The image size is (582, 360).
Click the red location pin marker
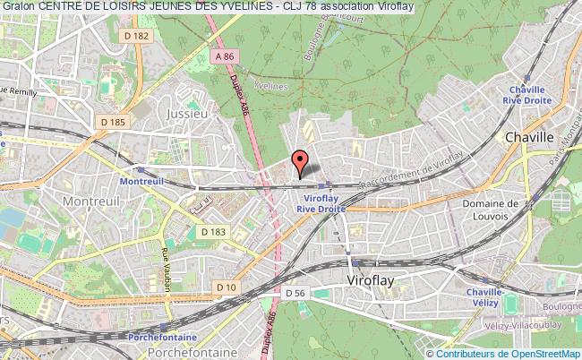point(301,163)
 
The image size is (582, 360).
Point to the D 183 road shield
point(212,232)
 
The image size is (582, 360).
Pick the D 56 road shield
point(296,293)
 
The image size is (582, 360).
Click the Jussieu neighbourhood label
point(187,115)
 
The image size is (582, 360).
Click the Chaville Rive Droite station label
point(533,95)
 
